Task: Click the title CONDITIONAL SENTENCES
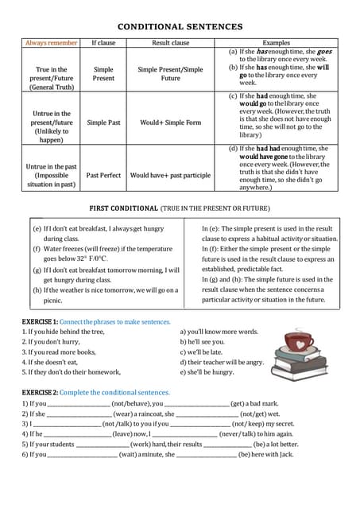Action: [x=180, y=26]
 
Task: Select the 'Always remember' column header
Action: [x=52, y=42]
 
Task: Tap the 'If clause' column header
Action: [x=103, y=42]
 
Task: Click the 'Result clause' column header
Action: [x=170, y=42]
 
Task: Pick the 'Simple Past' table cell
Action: [x=103, y=122]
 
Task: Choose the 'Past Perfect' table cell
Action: [x=103, y=175]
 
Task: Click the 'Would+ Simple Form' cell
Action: [x=170, y=122]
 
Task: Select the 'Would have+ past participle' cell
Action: [x=170, y=175]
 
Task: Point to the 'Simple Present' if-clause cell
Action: [x=103, y=74]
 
